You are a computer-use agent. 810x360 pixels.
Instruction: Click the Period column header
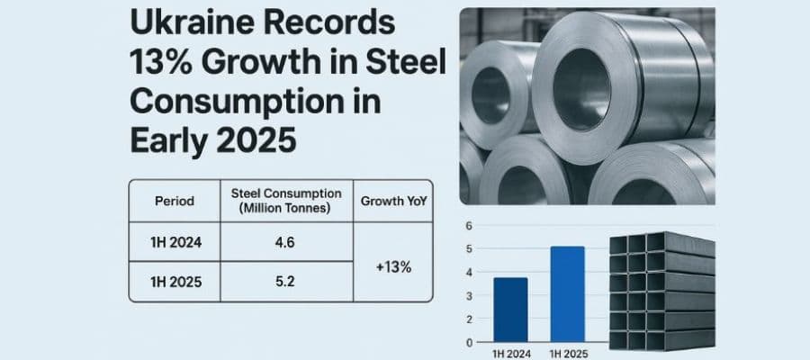(x=175, y=202)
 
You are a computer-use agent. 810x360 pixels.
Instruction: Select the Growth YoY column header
(x=392, y=202)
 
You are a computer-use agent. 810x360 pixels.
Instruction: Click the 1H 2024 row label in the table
(x=175, y=242)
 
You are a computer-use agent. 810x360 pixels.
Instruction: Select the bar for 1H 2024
(x=510, y=310)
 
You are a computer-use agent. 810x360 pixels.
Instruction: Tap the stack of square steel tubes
(x=661, y=292)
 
